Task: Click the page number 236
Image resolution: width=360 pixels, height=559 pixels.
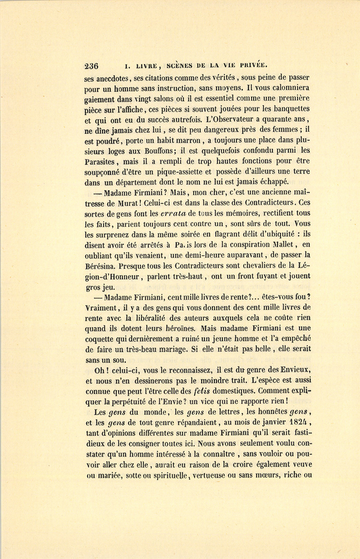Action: click(91, 66)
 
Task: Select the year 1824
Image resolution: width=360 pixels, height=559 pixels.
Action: click(298, 422)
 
